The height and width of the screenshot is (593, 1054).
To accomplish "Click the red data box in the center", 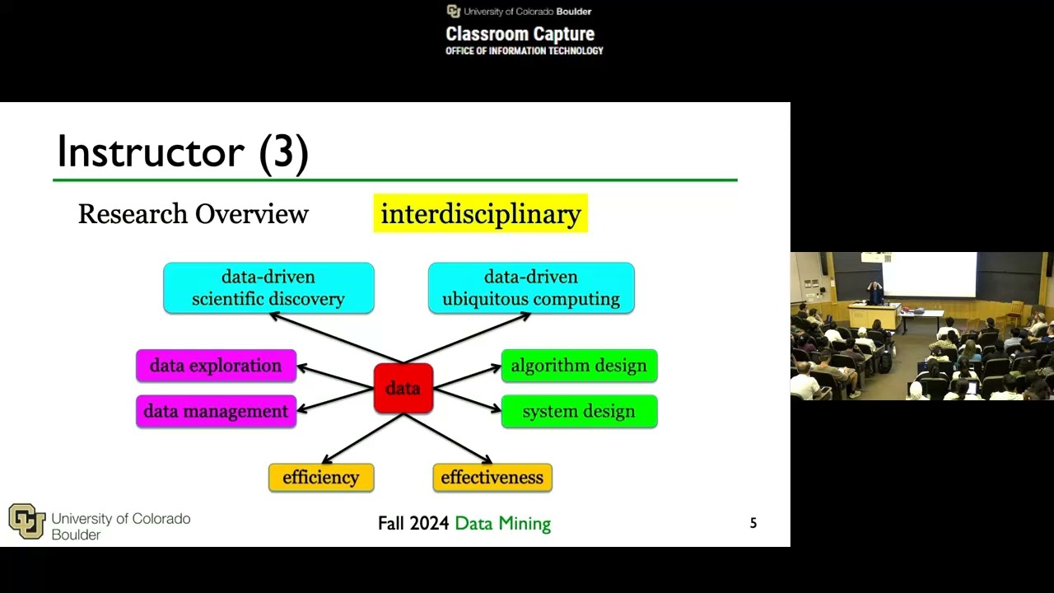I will tap(403, 388).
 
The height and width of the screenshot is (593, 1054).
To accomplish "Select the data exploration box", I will tap(216, 366).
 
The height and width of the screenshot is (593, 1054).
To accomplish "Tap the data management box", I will tap(216, 411).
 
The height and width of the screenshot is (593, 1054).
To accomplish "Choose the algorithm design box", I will tap(579, 366).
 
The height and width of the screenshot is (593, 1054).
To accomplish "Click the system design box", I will tap(579, 411).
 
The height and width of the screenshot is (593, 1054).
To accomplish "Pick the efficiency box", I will tap(321, 478).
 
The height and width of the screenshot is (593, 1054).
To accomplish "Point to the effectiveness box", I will tap(492, 478).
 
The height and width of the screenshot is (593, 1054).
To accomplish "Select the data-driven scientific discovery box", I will tap(268, 288).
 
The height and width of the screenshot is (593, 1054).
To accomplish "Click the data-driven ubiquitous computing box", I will tap(531, 288).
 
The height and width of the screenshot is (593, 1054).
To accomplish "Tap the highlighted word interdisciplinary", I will tap(481, 214).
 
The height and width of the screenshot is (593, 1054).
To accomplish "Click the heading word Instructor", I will tap(151, 152).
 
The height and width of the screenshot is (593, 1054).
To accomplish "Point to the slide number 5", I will tap(753, 523).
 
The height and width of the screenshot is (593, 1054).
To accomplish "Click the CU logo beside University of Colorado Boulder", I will tap(26, 521).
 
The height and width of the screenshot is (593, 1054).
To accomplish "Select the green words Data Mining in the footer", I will tap(502, 524).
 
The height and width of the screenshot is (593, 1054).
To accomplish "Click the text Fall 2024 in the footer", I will tap(413, 524).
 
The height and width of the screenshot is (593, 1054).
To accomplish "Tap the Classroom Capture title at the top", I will tap(520, 35).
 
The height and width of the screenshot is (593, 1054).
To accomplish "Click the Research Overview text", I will tap(194, 214).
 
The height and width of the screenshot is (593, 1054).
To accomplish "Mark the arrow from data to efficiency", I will tap(362, 438).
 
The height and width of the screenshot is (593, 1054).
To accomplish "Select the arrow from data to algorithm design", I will tap(467, 376).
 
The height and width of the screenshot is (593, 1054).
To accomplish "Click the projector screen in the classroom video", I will tap(929, 274).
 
